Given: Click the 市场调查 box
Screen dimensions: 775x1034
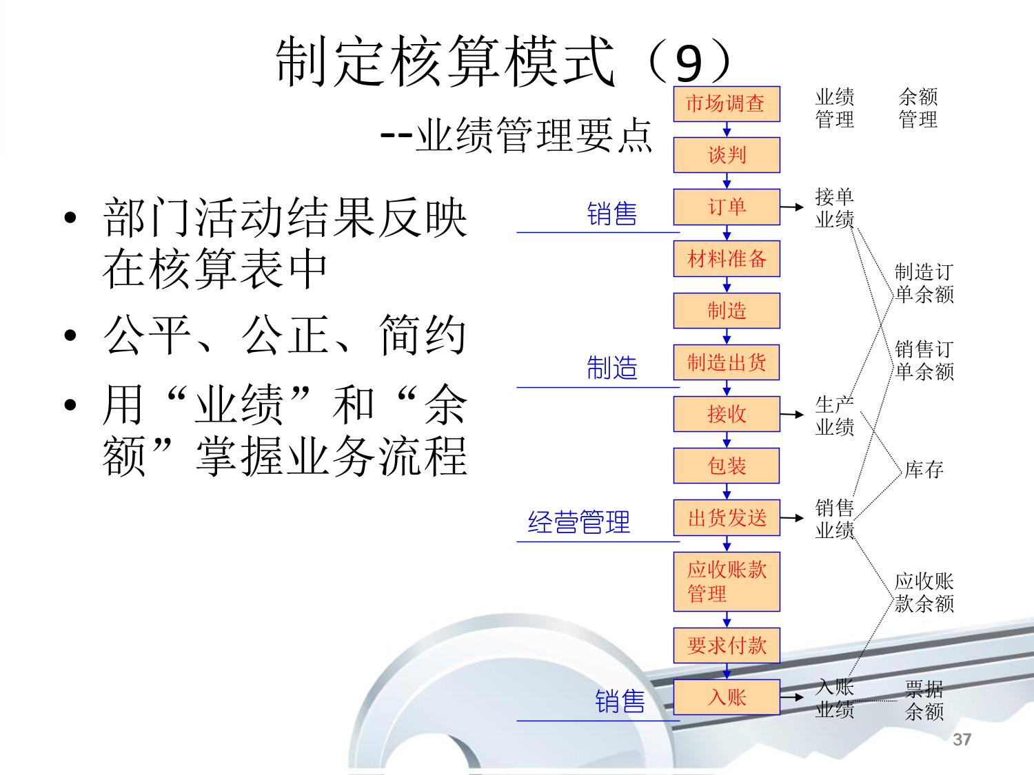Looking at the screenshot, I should click(x=726, y=104).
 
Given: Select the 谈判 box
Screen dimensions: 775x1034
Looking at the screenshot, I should click(x=726, y=155).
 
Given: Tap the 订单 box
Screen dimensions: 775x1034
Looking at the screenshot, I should click(x=726, y=207).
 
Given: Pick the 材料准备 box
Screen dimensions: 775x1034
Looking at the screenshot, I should click(x=726, y=259).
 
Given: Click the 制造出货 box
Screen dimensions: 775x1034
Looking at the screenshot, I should click(x=726, y=362).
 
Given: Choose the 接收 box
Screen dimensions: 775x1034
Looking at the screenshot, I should click(x=726, y=414).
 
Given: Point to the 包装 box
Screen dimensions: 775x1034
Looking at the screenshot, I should click(x=726, y=466).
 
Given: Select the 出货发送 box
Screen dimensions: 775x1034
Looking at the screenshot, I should click(x=726, y=517).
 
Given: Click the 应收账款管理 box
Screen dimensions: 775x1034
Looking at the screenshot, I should click(x=726, y=581).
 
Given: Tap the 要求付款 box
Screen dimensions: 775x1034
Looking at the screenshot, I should click(x=726, y=645).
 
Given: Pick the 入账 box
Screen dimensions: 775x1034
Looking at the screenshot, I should click(x=726, y=697).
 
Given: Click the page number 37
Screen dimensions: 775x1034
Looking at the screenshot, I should click(x=962, y=740).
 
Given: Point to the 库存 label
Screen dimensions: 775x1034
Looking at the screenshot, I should click(x=924, y=470).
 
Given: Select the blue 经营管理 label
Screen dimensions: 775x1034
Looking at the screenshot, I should click(x=579, y=522).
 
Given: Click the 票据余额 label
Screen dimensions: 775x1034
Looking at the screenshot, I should click(x=924, y=700).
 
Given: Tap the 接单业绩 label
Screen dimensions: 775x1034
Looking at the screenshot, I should click(x=835, y=208).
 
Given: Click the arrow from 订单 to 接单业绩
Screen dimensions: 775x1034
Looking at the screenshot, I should click(x=793, y=207).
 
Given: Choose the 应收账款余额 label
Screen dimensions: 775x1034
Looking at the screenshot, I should click(x=924, y=592).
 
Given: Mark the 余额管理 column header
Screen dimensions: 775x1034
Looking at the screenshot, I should click(x=918, y=108).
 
